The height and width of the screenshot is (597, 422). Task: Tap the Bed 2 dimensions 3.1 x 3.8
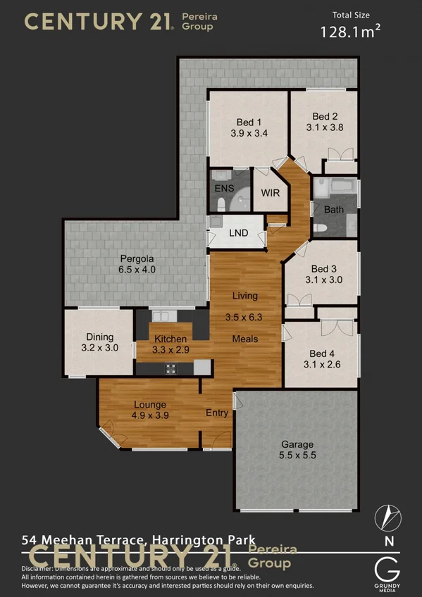click(325, 127)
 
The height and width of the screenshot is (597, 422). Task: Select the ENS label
click(224, 188)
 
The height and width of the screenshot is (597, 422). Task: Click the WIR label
click(271, 192)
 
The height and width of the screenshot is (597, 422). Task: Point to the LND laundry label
click(239, 232)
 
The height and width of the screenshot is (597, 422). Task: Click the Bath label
click(334, 209)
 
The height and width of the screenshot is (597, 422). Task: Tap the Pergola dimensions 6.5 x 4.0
click(137, 269)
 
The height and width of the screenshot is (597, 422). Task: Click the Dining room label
click(99, 337)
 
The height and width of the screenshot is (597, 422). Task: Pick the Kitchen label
click(170, 339)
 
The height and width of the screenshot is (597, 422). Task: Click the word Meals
click(245, 339)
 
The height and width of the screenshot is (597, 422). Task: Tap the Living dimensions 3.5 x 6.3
click(244, 318)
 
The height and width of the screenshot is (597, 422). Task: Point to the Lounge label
click(149, 405)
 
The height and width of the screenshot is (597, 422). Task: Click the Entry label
click(217, 413)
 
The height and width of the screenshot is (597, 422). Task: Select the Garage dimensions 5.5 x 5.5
click(297, 455)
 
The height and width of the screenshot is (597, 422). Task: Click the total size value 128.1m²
click(350, 31)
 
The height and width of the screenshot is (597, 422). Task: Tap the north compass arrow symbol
click(388, 517)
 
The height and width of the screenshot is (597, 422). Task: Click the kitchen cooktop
click(170, 367)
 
